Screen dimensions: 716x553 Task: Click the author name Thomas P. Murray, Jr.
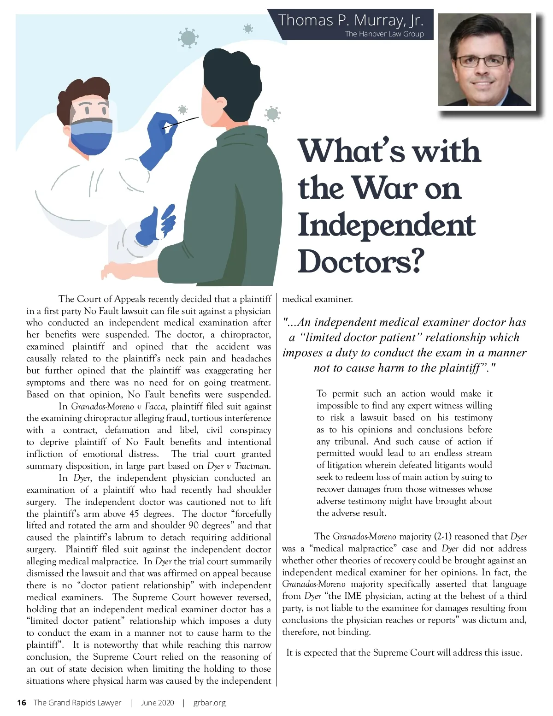click(x=350, y=20)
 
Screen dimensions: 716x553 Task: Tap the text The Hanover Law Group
click(x=384, y=34)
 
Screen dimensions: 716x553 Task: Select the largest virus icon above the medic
click(x=188, y=38)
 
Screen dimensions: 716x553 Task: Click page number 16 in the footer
click(x=21, y=703)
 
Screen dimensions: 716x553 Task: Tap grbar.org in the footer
click(x=210, y=703)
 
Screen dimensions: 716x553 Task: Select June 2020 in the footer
click(x=158, y=703)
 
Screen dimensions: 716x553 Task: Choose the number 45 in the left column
click(x=134, y=514)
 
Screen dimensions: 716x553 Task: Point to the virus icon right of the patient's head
click(x=272, y=113)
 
